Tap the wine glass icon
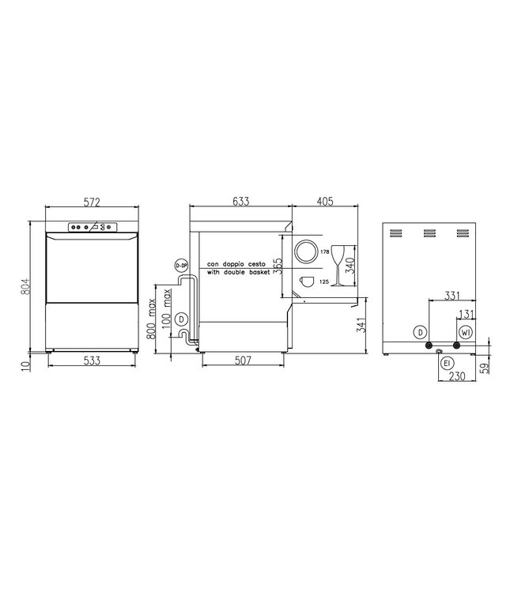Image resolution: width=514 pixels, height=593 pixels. [339, 266]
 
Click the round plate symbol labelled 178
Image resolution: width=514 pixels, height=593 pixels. [305, 252]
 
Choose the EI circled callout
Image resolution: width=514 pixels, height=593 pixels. [447, 363]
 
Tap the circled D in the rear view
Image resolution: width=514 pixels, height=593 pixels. [420, 330]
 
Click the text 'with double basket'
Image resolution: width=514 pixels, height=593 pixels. [237, 271]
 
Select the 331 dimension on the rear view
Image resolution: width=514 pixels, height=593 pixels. [453, 295]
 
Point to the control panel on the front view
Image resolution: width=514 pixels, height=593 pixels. [93, 227]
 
